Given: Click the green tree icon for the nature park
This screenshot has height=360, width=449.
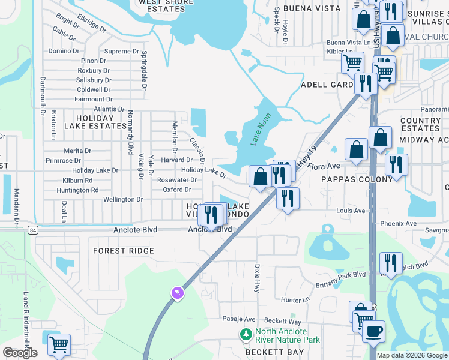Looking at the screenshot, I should pos(246,334).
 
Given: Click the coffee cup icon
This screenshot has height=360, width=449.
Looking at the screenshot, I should pos(373,331).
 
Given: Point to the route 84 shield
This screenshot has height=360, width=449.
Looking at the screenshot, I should pos(32,230).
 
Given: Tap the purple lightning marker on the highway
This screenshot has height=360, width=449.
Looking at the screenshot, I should pos(177,292).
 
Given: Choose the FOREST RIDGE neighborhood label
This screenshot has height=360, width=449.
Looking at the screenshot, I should pos(124,251).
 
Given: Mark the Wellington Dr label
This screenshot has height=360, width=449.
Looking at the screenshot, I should pos(123,199).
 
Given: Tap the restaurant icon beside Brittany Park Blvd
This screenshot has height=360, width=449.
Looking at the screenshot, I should pos(390,263).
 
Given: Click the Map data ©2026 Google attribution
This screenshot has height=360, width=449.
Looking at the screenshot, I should pos(412,355).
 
